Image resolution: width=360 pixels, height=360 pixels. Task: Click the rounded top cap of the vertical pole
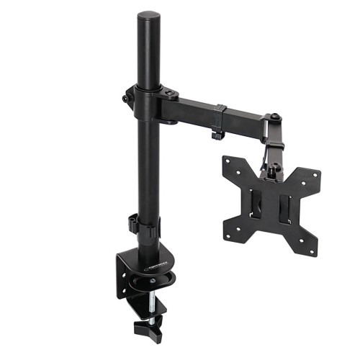pyautogui.click(x=148, y=16)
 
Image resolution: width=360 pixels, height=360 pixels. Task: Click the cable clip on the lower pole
pyautogui.click(x=134, y=223)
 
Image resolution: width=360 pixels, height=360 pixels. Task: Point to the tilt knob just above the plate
pyautogui.click(x=274, y=170)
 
